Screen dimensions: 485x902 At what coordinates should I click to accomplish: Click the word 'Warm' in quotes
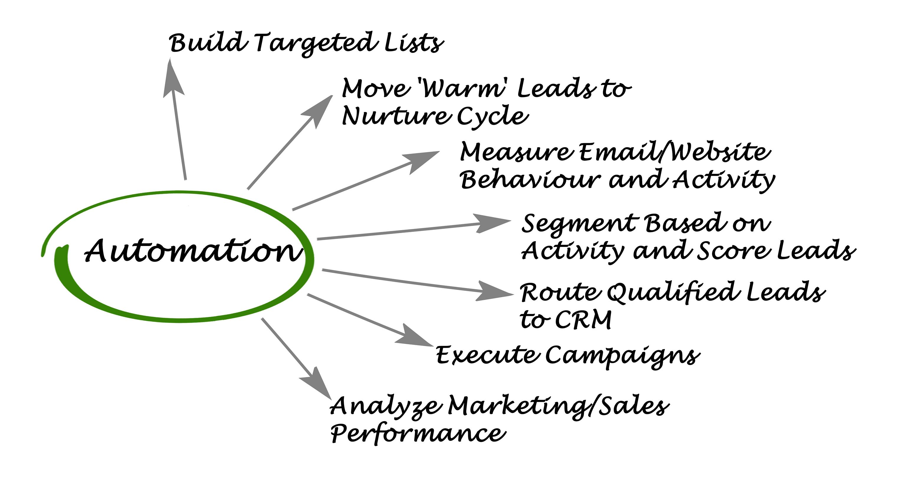click(x=464, y=88)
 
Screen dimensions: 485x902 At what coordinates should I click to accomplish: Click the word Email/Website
click(x=674, y=153)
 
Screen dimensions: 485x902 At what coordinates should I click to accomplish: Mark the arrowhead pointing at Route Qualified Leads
click(x=494, y=291)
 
